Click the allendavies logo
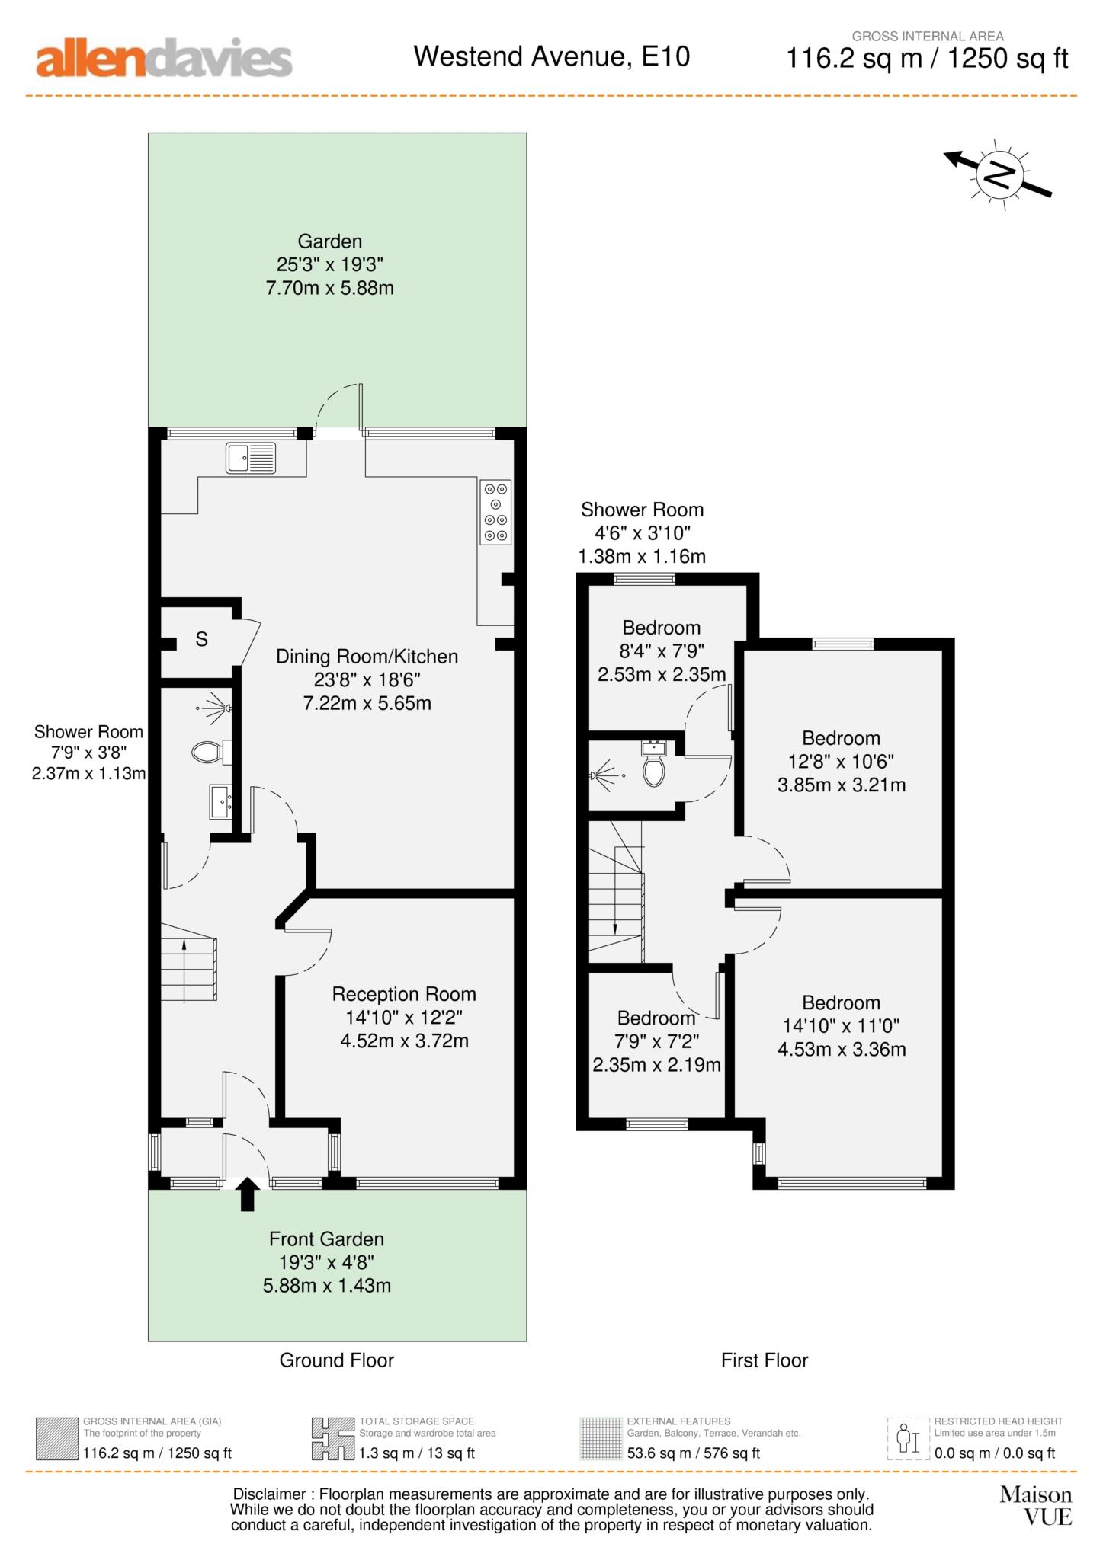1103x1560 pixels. (x=164, y=58)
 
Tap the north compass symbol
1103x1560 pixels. (x=999, y=175)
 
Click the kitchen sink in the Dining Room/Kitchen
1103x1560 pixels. (x=251, y=458)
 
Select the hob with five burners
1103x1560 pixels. (x=495, y=512)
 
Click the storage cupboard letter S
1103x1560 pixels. (x=201, y=639)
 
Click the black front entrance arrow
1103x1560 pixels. (x=247, y=1194)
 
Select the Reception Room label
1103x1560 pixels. (x=404, y=993)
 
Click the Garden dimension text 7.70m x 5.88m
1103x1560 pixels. (x=329, y=288)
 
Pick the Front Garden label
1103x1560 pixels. (x=326, y=1239)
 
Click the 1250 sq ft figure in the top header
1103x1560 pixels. (x=1008, y=59)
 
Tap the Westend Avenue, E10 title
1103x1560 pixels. (x=552, y=56)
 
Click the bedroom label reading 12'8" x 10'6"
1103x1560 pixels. (x=841, y=761)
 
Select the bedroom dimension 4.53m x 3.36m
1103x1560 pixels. (x=842, y=1049)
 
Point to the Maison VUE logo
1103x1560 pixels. (x=1036, y=1504)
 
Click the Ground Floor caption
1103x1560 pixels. (x=337, y=1360)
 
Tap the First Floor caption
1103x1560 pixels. (x=765, y=1360)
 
